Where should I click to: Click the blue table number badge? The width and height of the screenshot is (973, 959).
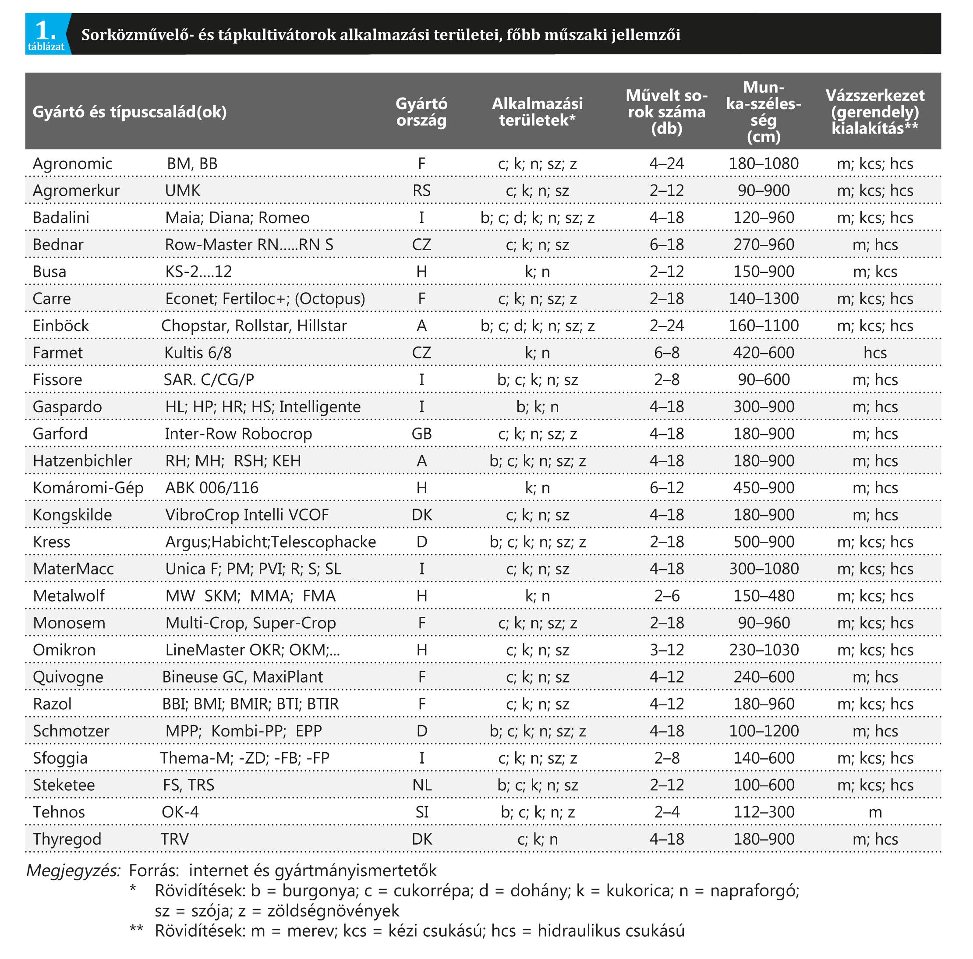click(46, 34)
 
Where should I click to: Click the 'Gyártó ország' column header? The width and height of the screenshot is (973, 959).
click(421, 112)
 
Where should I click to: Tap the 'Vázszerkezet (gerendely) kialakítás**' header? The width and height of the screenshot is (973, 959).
click(875, 112)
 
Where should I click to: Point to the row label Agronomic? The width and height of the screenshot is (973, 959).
click(73, 164)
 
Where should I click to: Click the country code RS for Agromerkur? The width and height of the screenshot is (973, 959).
click(421, 191)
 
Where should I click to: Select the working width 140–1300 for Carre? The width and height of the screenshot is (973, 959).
click(764, 299)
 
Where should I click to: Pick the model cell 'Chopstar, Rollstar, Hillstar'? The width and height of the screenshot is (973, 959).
click(254, 326)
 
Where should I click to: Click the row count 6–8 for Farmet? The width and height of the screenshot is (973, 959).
click(666, 353)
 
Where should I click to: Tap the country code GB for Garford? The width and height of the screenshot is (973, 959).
click(421, 434)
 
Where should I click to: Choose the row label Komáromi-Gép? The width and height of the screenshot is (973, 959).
click(88, 488)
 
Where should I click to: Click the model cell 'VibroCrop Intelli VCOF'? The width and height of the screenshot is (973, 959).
click(247, 515)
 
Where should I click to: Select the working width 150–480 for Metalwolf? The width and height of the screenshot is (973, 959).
click(764, 596)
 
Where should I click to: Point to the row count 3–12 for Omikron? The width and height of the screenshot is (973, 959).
click(666, 650)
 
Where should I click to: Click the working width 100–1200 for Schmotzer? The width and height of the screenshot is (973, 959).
click(764, 731)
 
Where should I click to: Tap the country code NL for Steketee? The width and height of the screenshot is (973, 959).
click(421, 785)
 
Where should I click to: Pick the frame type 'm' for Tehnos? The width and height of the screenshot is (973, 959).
click(875, 812)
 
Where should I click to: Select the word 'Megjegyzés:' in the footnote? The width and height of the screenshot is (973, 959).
click(74, 871)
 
